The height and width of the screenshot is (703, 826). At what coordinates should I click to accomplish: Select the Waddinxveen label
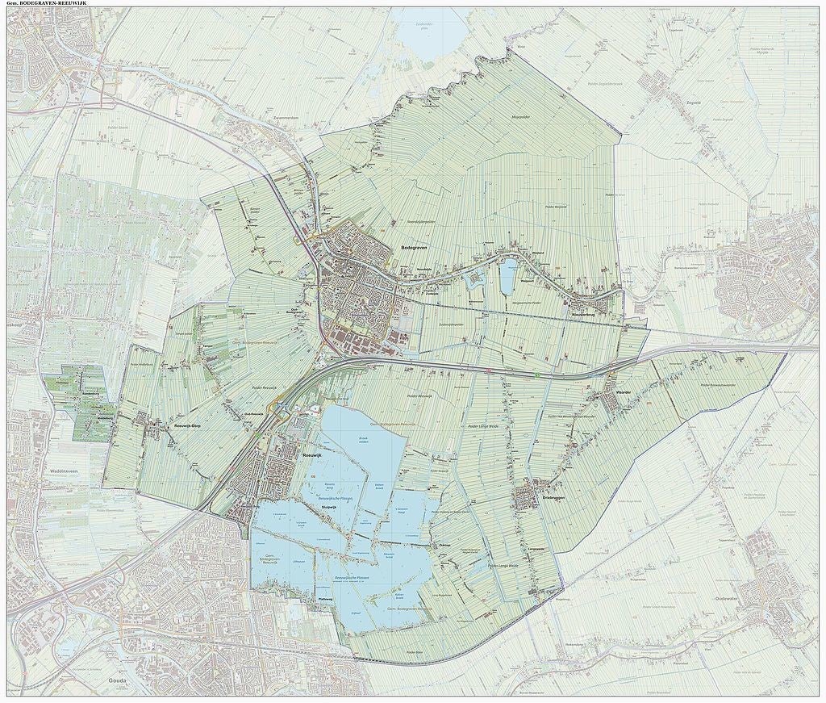point(35,474)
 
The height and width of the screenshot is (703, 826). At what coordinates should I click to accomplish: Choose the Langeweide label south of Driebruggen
point(536,549)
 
